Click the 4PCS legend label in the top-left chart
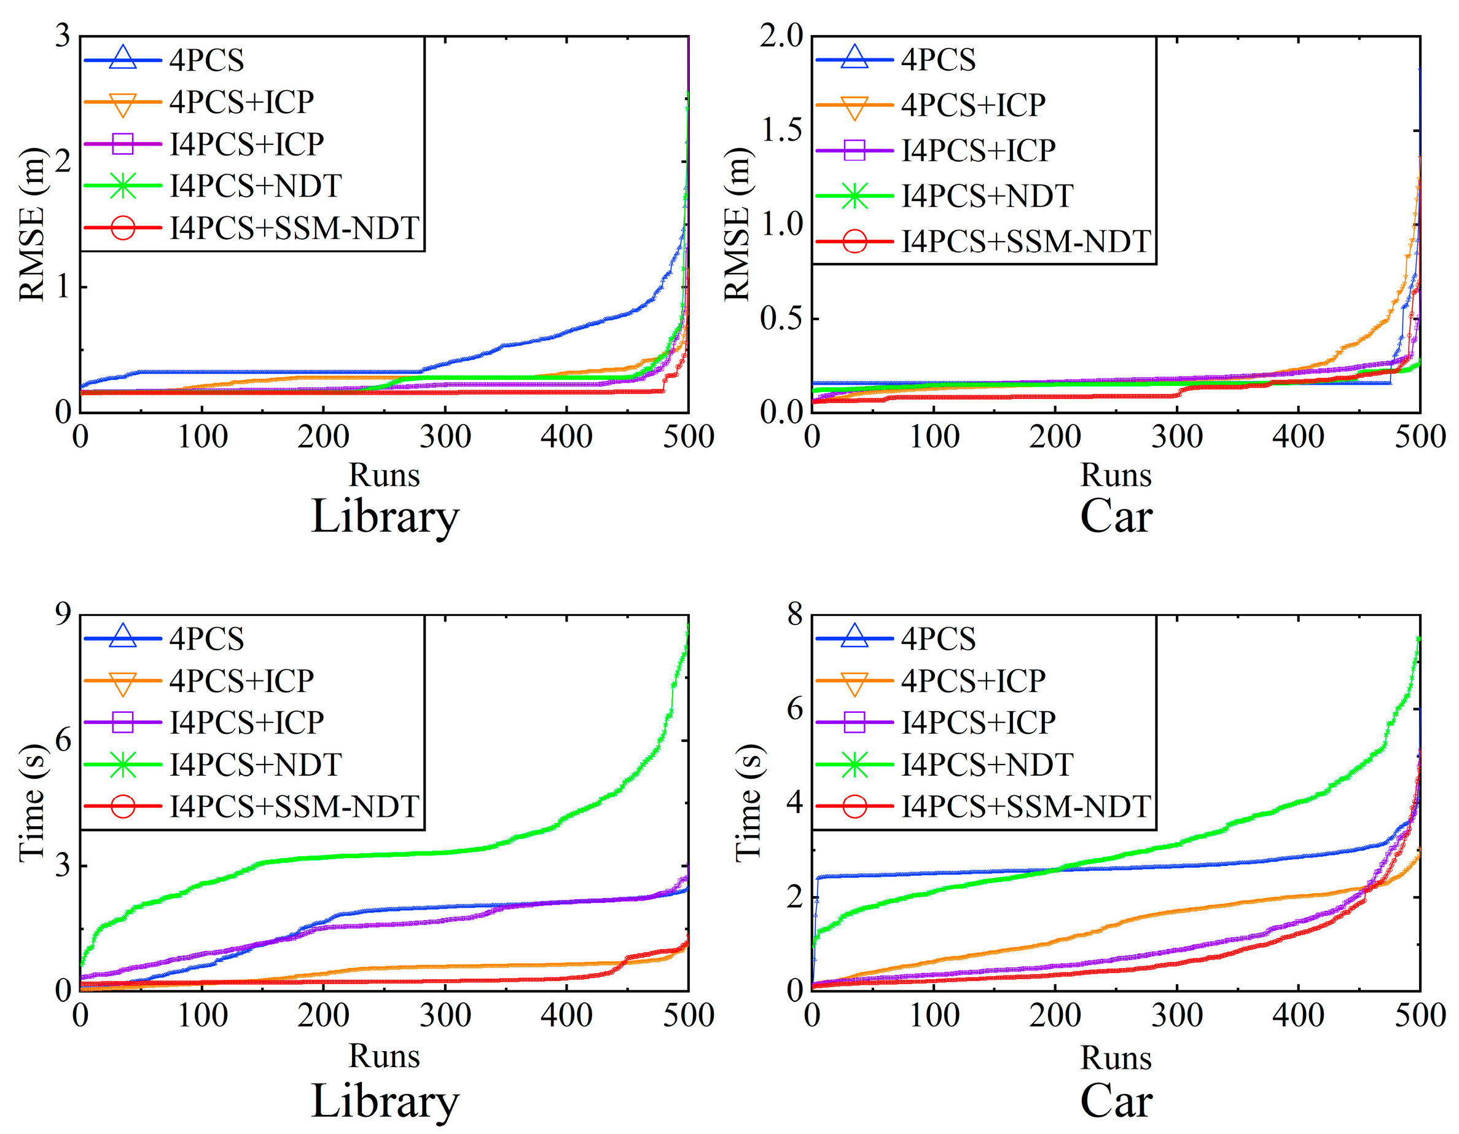coord(206,61)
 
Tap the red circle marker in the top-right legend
coord(855,241)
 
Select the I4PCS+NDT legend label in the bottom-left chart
coord(255,765)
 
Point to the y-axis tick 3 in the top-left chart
coord(63,36)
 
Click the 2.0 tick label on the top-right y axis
coord(781,36)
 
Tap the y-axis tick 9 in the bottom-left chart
coord(63,613)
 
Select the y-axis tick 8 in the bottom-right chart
coord(794,613)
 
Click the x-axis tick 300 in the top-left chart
coord(445,437)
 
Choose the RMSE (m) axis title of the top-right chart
coord(738,224)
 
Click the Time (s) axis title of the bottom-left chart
coord(32,802)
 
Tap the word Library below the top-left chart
coord(385,516)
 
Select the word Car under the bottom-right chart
coord(1116,1101)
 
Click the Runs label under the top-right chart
coord(1116,475)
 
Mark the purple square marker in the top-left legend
coord(123,144)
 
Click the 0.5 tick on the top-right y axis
coord(781,318)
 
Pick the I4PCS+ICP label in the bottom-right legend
coord(978,722)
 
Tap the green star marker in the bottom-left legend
coord(123,765)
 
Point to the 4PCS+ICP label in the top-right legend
coord(972,105)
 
